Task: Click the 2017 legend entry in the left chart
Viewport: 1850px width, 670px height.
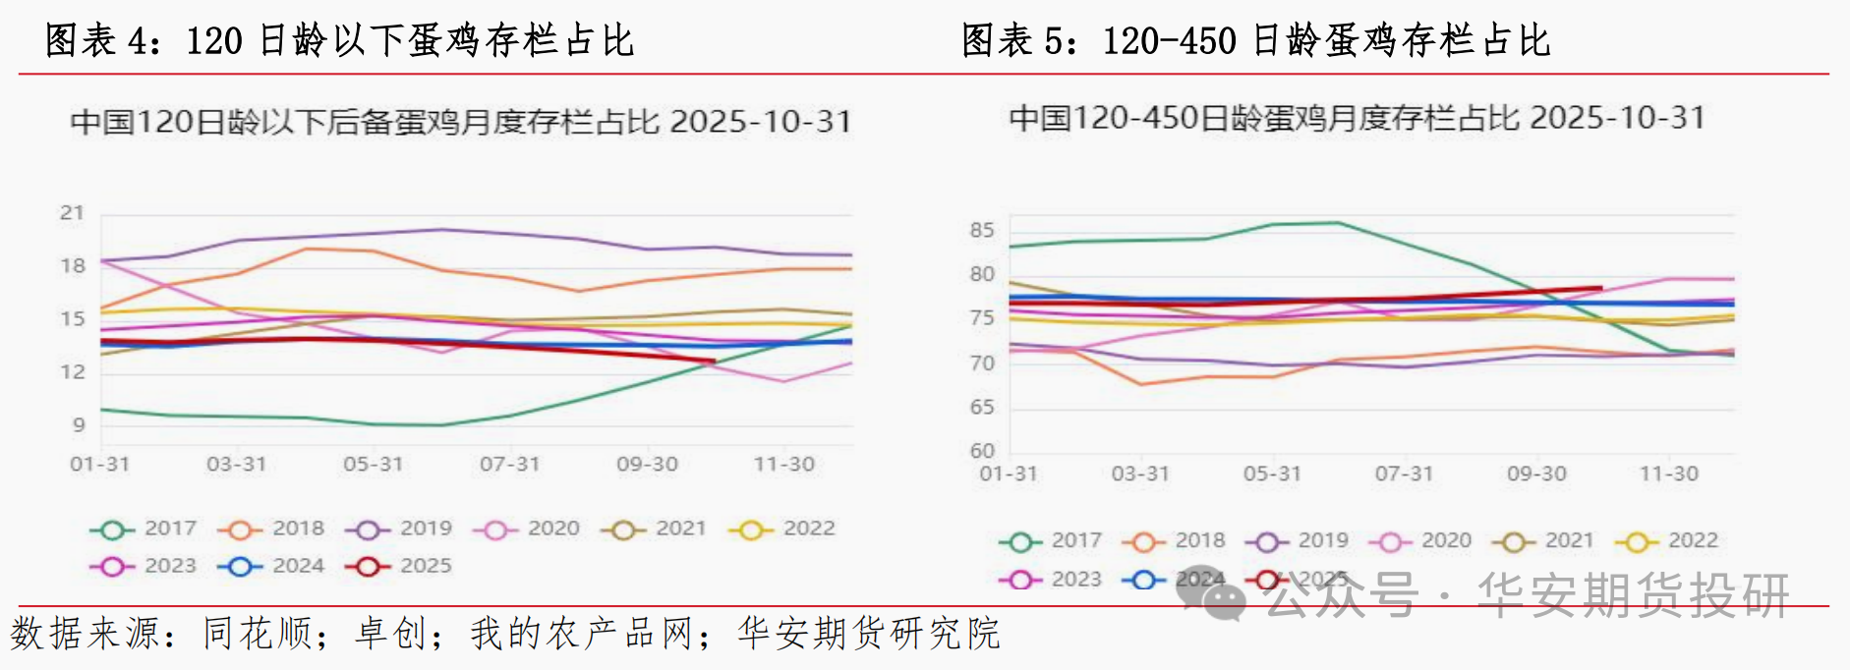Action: [x=144, y=529]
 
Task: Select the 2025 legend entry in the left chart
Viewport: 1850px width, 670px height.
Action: [x=399, y=566]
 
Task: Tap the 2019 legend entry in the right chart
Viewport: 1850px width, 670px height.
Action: [x=1297, y=540]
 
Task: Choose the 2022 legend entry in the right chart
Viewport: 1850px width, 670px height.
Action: [x=1666, y=540]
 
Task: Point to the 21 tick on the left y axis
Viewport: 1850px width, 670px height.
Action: [x=72, y=212]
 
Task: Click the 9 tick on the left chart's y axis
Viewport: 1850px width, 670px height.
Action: [x=79, y=424]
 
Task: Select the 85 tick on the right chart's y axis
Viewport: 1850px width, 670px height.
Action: [x=981, y=230]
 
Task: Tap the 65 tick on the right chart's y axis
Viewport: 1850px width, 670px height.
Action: [x=981, y=407]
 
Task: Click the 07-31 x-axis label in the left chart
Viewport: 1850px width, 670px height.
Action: [x=509, y=464]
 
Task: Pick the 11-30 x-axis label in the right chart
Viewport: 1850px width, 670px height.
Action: [x=1668, y=474]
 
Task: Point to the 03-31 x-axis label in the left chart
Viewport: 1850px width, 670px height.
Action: [x=236, y=464]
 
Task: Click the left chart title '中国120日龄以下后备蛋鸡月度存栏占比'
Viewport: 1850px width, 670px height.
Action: [x=364, y=122]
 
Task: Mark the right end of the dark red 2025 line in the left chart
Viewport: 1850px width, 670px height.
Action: [x=713, y=362]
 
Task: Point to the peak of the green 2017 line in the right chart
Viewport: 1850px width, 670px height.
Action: [x=1337, y=223]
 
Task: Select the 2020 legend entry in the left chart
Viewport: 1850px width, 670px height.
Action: [x=527, y=529]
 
